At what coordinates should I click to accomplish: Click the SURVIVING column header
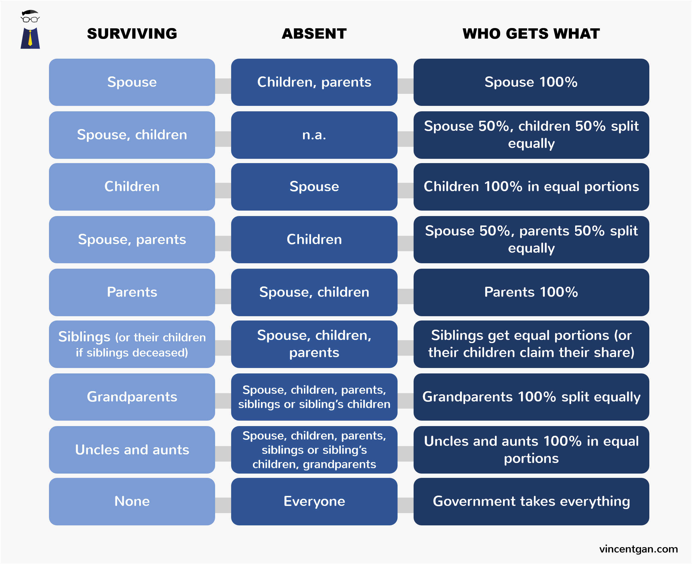[132, 34]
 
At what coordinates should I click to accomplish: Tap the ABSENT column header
[314, 34]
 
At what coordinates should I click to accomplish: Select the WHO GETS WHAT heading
[531, 34]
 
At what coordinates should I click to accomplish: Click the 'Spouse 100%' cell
[531, 82]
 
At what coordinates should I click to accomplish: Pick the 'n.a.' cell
[314, 135]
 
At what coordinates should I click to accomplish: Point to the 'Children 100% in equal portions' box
[531, 187]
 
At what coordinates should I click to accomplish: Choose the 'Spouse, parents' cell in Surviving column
[132, 240]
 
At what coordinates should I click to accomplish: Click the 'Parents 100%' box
[531, 292]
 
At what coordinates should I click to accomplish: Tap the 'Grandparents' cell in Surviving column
[132, 397]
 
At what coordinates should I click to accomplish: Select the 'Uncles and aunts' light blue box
[132, 450]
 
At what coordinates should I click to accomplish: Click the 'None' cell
[132, 501]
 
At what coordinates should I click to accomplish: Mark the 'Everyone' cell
[314, 501]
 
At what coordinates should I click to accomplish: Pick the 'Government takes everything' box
[531, 501]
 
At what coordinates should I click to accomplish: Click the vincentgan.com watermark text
[638, 549]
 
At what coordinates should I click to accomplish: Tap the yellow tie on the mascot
[30, 38]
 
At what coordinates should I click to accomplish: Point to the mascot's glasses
[30, 19]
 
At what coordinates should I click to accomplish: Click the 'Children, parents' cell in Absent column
[314, 82]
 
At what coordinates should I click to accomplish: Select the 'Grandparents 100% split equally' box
[531, 397]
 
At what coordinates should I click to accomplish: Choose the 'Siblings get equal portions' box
[531, 344]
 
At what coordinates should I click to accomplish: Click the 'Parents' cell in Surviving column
[132, 292]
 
